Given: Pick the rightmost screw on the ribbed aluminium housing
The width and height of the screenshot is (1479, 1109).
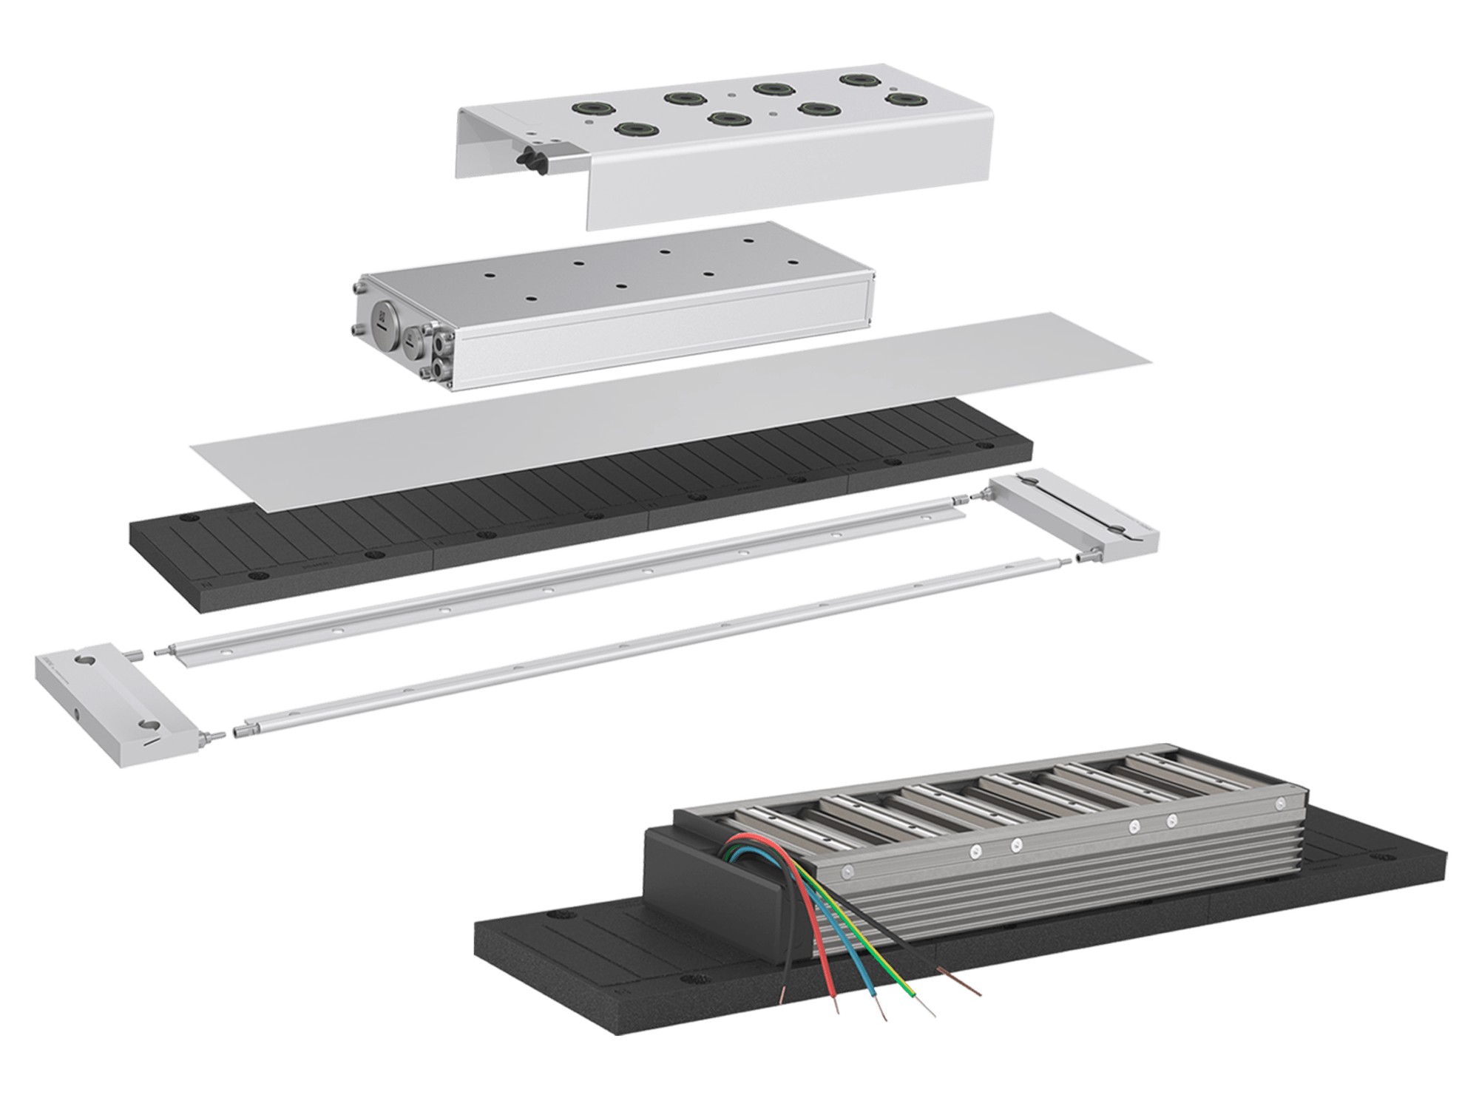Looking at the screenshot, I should coord(1280,803).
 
